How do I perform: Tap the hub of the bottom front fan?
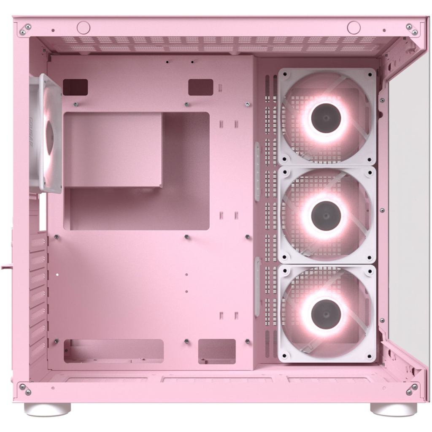click(326, 313)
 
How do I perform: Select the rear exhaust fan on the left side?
click(46, 133)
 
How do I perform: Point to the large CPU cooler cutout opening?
click(136, 171)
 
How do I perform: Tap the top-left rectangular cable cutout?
click(75, 87)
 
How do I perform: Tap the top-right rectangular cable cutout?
click(200, 87)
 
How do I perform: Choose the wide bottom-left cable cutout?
click(113, 351)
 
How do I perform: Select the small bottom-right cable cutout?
click(217, 351)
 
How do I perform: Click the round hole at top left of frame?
click(84, 27)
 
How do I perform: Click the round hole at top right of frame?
click(354, 27)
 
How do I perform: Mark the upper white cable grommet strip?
click(257, 171)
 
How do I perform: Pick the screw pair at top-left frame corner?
click(25, 29)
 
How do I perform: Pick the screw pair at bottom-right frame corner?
click(412, 389)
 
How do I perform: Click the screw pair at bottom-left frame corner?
click(25, 389)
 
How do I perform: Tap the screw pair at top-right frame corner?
click(412, 29)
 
